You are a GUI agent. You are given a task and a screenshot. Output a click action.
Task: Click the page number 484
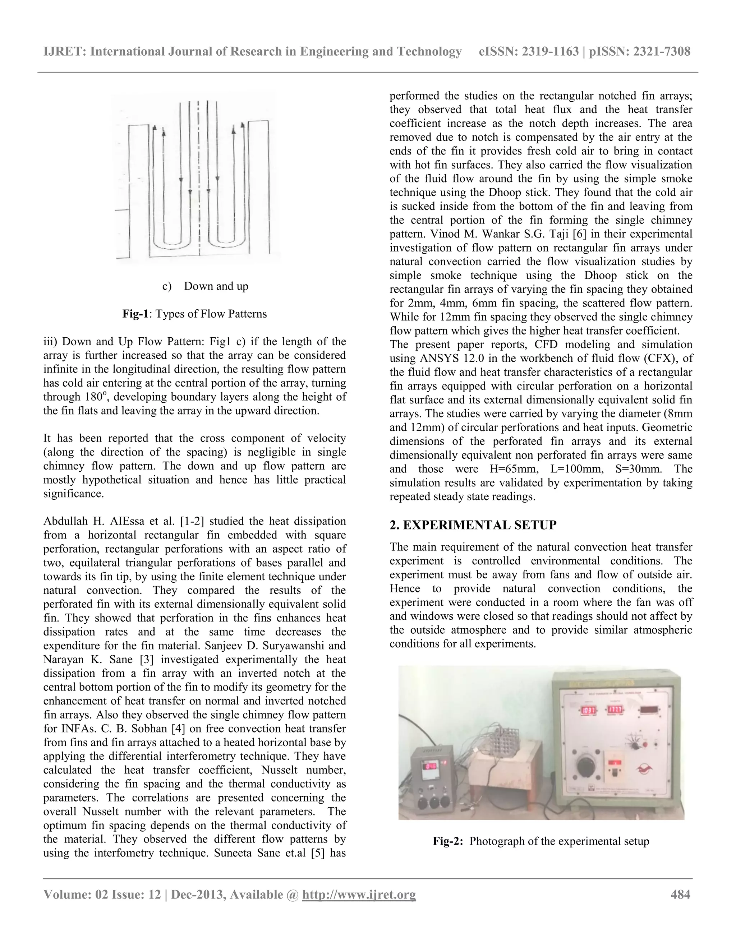pyautogui.click(x=680, y=895)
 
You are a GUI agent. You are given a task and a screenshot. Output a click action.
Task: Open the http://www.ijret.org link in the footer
pyautogui.click(x=359, y=895)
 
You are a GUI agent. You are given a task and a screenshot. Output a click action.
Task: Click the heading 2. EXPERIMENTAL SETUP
pyautogui.click(x=473, y=525)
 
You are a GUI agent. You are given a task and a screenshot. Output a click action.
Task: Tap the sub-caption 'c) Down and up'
pyautogui.click(x=205, y=286)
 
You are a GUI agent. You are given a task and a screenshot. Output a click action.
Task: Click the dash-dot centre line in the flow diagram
pyautogui.click(x=199, y=174)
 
